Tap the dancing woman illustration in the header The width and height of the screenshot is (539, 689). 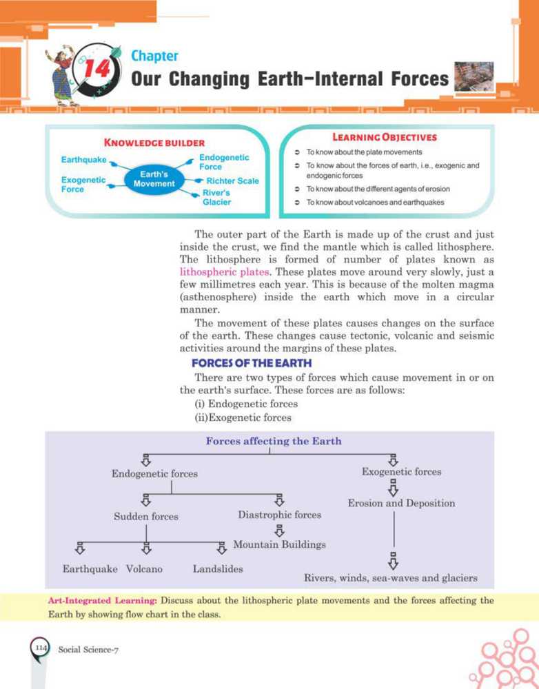(x=64, y=76)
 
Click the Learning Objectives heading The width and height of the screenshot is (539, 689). (x=385, y=137)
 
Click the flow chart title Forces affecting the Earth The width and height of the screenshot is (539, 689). (x=273, y=441)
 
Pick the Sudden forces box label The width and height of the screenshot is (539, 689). (x=145, y=516)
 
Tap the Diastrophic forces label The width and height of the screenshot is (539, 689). (x=279, y=515)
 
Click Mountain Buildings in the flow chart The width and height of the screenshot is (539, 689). (x=279, y=544)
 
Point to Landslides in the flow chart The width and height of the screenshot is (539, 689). (x=218, y=569)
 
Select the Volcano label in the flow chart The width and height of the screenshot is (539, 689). (x=145, y=569)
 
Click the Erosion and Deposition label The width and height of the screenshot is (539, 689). (x=401, y=503)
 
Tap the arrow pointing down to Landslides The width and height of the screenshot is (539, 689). (x=222, y=548)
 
